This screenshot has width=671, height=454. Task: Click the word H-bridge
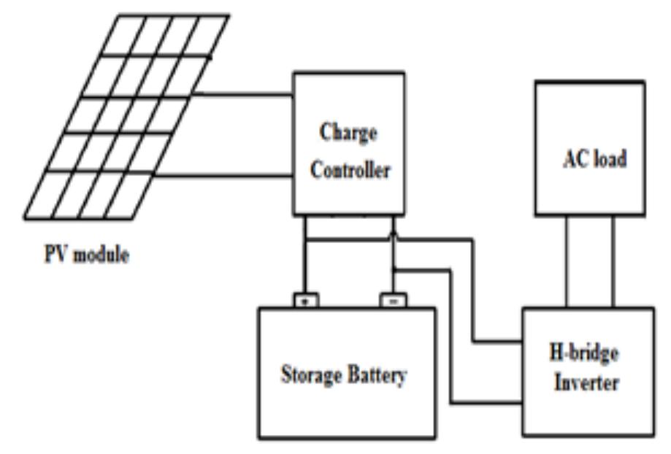click(586, 353)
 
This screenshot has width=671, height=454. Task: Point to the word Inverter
click(586, 382)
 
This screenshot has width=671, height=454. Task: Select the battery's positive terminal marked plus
click(304, 300)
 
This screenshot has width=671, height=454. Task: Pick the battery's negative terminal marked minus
click(391, 300)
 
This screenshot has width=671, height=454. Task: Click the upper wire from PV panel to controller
click(245, 94)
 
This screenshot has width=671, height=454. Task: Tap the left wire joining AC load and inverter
click(567, 263)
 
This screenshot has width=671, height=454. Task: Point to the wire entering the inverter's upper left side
click(496, 341)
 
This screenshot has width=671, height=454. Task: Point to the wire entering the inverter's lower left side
click(486, 402)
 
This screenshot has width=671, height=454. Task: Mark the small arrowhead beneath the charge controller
click(393, 233)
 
